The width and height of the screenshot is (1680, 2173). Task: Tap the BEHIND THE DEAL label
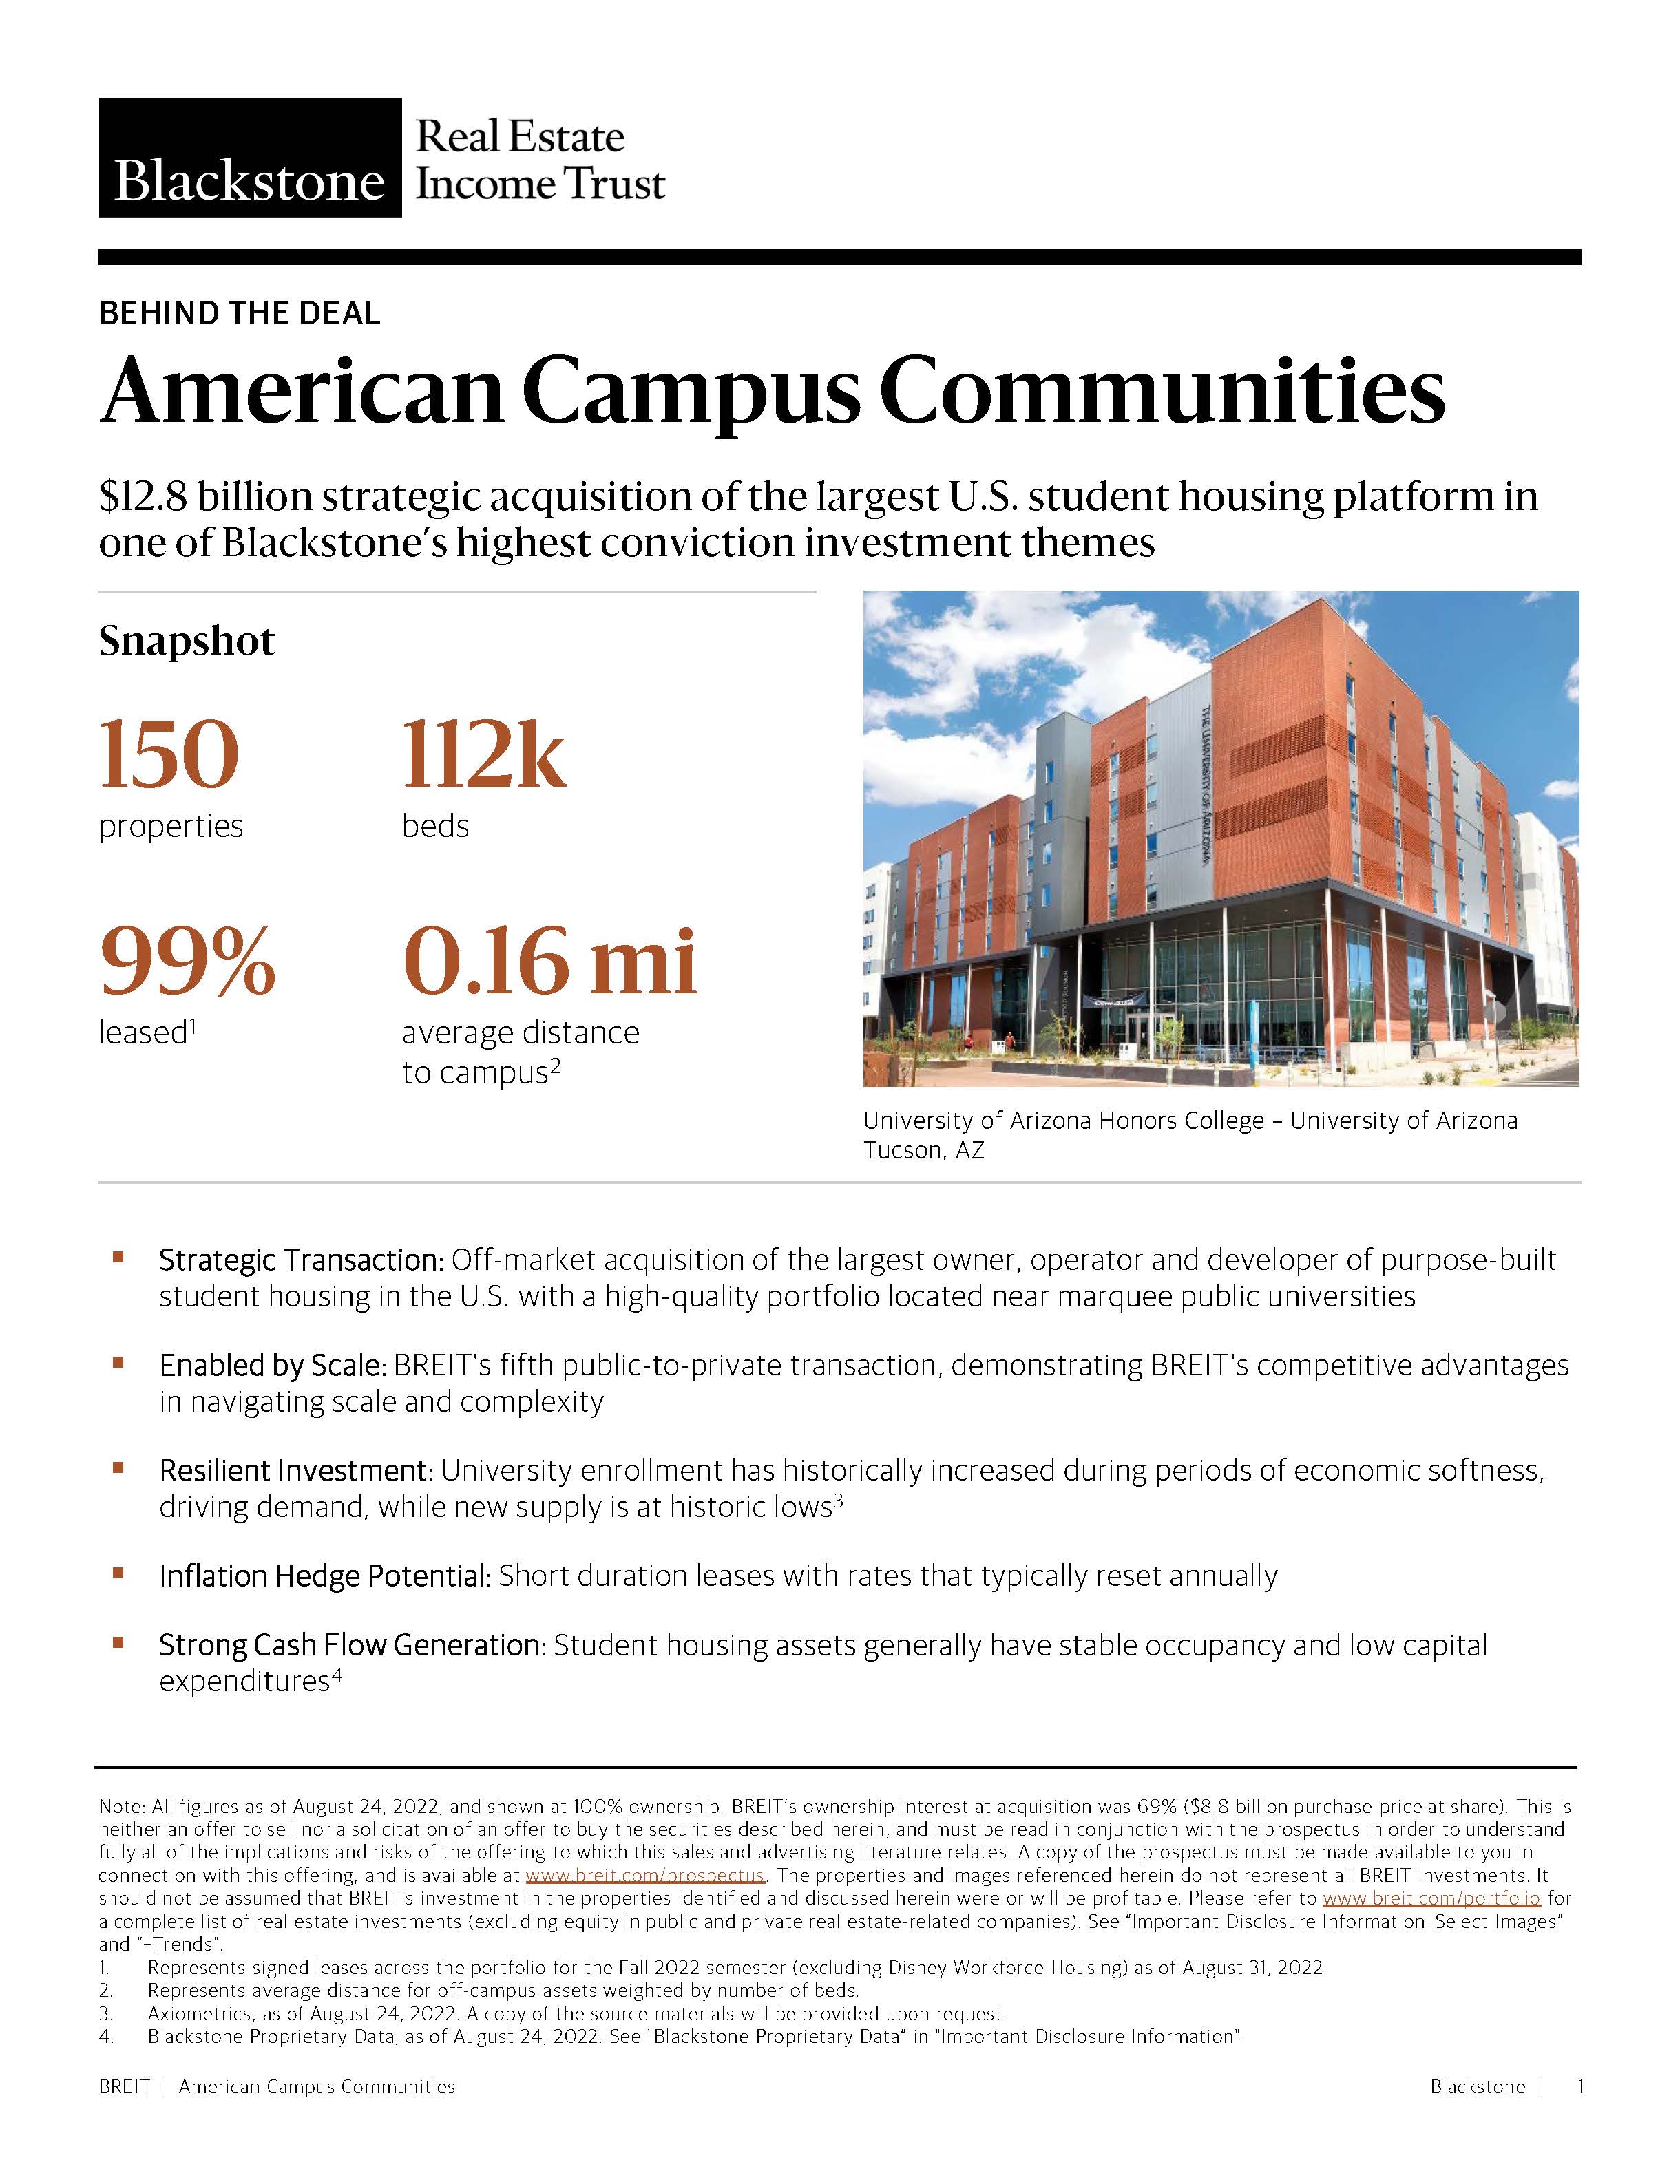[x=239, y=313]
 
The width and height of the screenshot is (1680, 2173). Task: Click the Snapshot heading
[x=186, y=641]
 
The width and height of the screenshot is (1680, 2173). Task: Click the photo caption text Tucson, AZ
[x=923, y=1150]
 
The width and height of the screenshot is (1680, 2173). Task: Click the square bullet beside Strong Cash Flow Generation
[x=118, y=1644]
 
